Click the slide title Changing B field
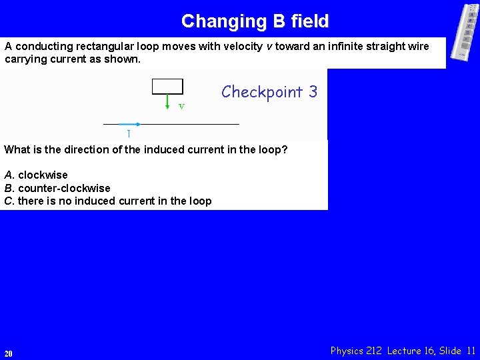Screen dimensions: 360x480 tap(255, 21)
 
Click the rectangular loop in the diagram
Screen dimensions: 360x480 tap(167, 86)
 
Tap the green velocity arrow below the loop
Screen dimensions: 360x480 tap(167, 101)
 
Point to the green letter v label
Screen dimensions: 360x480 tap(181, 106)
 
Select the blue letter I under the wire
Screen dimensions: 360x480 tap(129, 133)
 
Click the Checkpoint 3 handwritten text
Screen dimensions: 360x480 tap(269, 92)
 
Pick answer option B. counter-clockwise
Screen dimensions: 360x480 tap(57, 188)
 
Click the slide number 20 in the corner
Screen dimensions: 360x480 tap(8, 353)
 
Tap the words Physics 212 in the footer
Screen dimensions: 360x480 tap(356, 351)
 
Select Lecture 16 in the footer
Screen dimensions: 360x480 tap(410, 351)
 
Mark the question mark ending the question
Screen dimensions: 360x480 tap(285, 149)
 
